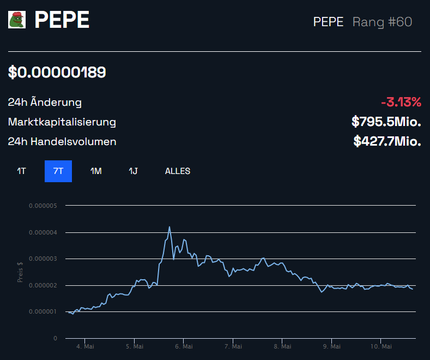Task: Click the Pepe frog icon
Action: [x=17, y=20]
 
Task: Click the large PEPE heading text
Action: [x=62, y=20]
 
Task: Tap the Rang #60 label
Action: [x=382, y=22]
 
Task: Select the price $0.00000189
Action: [x=57, y=72]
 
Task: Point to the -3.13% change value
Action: [x=401, y=102]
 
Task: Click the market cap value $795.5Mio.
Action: [x=386, y=122]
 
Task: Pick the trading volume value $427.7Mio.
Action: [x=387, y=142]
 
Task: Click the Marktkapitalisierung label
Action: [x=62, y=122]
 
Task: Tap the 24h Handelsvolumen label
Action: [x=62, y=142]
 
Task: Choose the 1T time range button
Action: [x=21, y=171]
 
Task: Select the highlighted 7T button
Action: [x=58, y=171]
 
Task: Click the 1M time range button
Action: [x=96, y=171]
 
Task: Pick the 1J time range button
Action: [x=133, y=171]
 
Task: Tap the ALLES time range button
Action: [x=178, y=171]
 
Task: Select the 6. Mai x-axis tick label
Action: [x=184, y=346]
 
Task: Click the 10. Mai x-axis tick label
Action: [x=381, y=346]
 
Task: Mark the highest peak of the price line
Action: [x=169, y=227]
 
